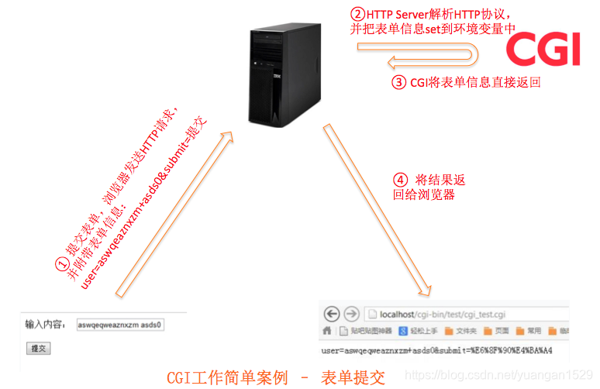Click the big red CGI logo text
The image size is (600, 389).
coord(543,48)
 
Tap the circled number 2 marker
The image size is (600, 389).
coord(357,14)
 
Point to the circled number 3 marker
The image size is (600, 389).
coord(398,82)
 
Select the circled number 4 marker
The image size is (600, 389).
coord(400,180)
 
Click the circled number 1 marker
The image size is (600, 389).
coord(61,264)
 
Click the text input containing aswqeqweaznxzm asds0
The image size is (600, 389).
coord(120,325)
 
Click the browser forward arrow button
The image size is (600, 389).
coord(350,314)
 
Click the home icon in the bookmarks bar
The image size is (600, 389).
coord(327,331)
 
